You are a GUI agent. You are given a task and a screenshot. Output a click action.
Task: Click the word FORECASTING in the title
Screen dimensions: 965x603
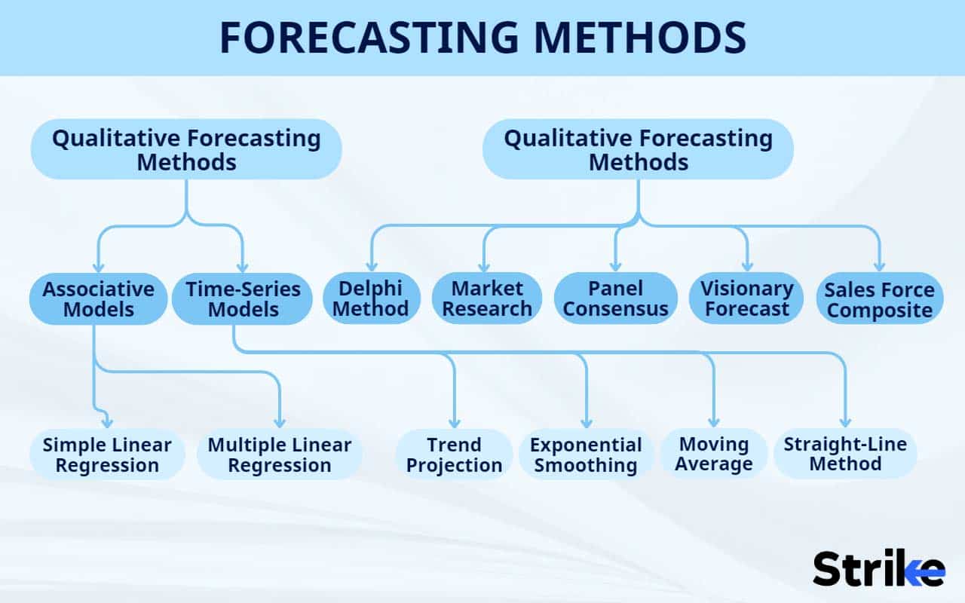(x=369, y=37)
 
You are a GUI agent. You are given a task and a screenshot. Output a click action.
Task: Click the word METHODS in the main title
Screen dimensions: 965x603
(x=640, y=37)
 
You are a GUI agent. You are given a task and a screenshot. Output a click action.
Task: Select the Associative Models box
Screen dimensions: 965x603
(x=98, y=298)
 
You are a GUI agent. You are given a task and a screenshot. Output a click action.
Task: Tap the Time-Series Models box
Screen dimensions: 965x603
(x=243, y=298)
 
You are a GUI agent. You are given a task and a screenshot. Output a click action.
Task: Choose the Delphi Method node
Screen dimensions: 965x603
(x=372, y=298)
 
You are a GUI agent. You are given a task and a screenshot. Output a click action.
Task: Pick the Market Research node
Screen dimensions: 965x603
(x=487, y=298)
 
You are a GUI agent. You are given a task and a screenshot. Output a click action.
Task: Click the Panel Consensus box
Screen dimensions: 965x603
(x=616, y=298)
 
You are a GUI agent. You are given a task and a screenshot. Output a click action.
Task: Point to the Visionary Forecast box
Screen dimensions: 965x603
(x=746, y=298)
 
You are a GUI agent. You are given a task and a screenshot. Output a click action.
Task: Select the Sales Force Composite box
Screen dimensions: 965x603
(x=880, y=298)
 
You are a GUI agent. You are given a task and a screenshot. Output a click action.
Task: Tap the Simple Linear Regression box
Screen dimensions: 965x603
(x=107, y=455)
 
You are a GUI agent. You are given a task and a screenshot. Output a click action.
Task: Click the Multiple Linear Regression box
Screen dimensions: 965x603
(x=280, y=455)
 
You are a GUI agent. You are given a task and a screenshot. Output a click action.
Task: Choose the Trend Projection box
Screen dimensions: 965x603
(x=454, y=455)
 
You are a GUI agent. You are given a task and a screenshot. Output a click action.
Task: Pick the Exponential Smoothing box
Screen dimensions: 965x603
(x=586, y=455)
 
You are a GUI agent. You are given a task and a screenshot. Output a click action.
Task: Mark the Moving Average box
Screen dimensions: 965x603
(x=714, y=454)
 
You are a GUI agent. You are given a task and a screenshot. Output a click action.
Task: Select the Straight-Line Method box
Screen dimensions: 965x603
(x=845, y=454)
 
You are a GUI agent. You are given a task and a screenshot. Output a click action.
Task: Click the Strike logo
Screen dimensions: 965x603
(x=879, y=568)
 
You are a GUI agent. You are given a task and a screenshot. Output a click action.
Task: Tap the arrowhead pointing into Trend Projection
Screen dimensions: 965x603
(x=455, y=423)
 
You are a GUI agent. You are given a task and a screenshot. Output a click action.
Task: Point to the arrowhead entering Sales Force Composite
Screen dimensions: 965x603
(x=880, y=266)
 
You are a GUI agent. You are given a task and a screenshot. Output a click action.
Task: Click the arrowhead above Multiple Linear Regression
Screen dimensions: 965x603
(x=280, y=422)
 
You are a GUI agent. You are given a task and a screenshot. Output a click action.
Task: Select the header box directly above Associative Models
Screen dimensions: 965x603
(x=186, y=149)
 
